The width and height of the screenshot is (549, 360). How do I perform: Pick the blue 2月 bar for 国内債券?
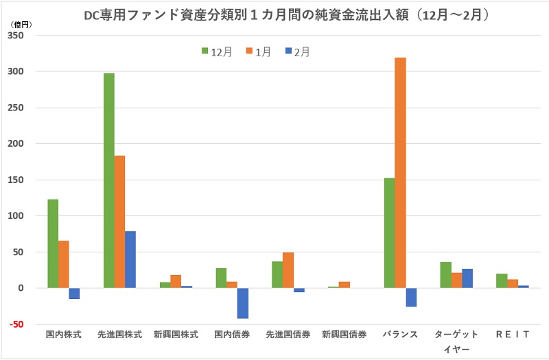pos(243,303)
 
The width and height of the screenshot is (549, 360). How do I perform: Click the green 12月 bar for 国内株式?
pos(53,243)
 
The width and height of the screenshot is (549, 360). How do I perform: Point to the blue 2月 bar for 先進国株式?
pos(130,260)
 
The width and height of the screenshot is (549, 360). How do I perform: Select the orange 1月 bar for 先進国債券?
pos(288,270)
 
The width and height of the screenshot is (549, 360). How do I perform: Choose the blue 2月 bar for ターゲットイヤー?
pos(467,278)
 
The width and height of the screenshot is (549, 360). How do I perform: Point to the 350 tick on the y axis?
pos(16,36)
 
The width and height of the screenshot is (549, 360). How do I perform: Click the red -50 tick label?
pos(16,324)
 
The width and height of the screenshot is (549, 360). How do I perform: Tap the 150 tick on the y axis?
pos(16,180)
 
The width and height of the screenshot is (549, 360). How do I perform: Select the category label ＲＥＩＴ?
pos(512,335)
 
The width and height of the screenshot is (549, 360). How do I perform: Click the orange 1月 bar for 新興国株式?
pos(176,281)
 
